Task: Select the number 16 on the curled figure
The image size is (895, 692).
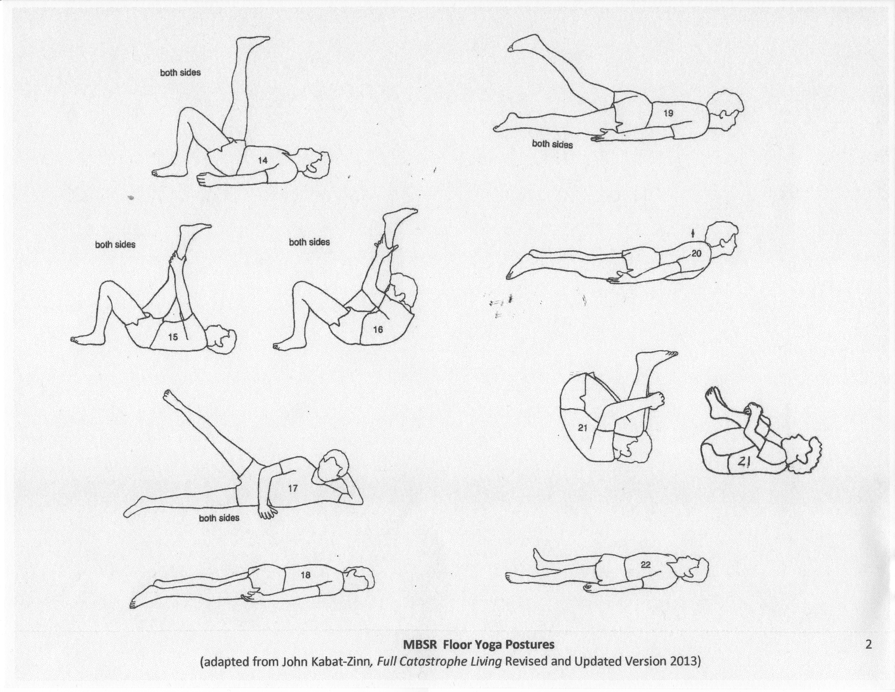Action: [x=378, y=329]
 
